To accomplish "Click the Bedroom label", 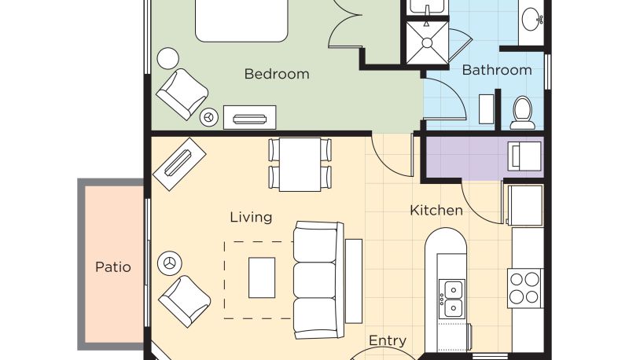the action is [x=277, y=74].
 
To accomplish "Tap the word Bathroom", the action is [x=497, y=70].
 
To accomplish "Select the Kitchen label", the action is [x=436, y=210].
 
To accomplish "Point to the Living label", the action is [x=251, y=217].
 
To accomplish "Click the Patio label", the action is [x=113, y=267].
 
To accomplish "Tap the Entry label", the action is [x=388, y=340].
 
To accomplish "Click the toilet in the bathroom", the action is [x=522, y=112].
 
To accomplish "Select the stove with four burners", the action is [x=525, y=288].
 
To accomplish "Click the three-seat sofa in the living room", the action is [x=319, y=281].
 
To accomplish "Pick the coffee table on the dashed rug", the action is [x=262, y=277].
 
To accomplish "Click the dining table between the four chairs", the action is [x=300, y=164].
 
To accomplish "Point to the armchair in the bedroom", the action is [x=182, y=94].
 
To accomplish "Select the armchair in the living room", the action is [x=185, y=301].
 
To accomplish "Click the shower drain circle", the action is [x=427, y=43].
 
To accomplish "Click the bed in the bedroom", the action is [x=241, y=20].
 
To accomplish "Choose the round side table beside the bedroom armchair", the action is [x=167, y=58].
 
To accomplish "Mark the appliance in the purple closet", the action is [x=524, y=156].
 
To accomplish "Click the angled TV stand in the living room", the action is [x=180, y=164].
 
